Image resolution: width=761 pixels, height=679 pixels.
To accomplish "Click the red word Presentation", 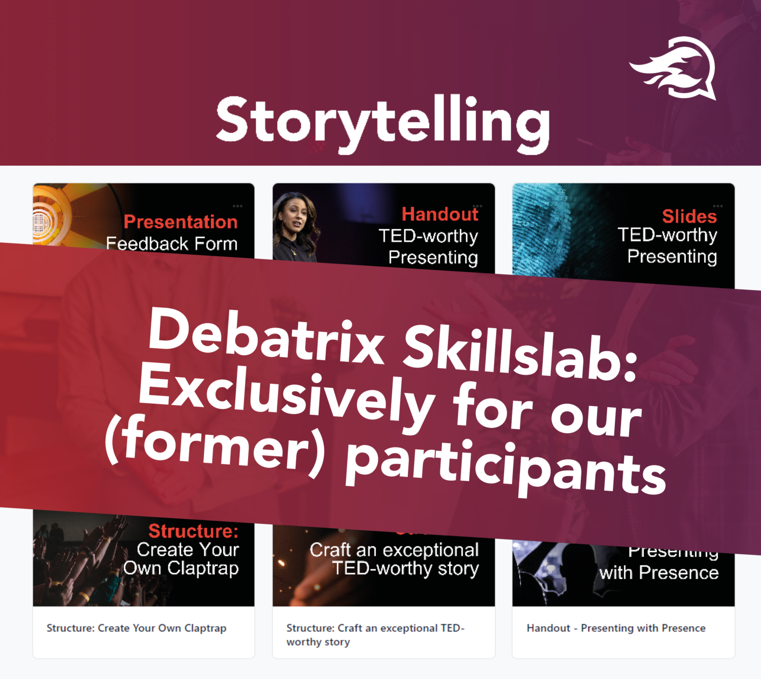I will click(181, 222).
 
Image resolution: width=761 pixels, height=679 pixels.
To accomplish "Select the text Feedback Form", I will click(171, 244).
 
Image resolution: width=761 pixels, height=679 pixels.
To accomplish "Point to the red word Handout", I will click(440, 214).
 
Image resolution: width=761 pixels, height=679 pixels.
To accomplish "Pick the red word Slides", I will click(689, 217).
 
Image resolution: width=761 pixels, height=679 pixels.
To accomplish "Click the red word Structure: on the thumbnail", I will click(193, 531).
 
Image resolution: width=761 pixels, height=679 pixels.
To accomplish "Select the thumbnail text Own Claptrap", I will click(181, 568).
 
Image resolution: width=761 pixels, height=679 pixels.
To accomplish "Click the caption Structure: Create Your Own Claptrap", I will click(136, 628).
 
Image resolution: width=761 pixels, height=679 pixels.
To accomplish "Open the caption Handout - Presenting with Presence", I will click(616, 628).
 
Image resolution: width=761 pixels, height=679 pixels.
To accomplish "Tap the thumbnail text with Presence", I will click(659, 573).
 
